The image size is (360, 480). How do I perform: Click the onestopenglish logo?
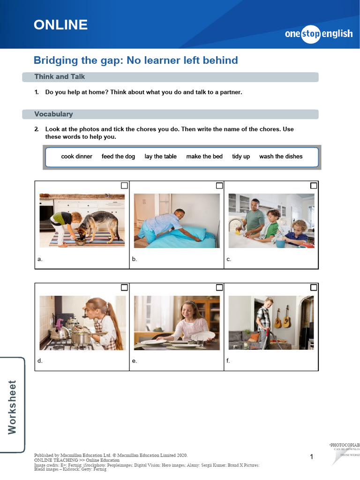coord(319,34)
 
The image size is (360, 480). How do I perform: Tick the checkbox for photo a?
coord(124,186)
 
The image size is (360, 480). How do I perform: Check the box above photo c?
coord(314,186)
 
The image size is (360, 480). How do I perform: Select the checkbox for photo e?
coord(219,287)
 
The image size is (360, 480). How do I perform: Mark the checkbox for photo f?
coord(314,287)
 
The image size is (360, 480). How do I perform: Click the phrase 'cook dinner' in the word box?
coord(77,157)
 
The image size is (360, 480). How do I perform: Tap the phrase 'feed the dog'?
coord(118,157)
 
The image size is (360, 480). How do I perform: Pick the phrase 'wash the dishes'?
coord(281,157)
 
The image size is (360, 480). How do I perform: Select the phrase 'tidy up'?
coord(241,157)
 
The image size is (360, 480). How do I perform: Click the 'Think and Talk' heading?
coord(60,77)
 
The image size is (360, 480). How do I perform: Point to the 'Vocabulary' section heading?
coord(53,114)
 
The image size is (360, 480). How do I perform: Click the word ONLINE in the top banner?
coord(60,25)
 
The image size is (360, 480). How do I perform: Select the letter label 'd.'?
coord(40,361)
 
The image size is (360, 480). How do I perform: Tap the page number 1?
coord(312,457)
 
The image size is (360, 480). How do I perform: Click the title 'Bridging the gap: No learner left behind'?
coord(136,60)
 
